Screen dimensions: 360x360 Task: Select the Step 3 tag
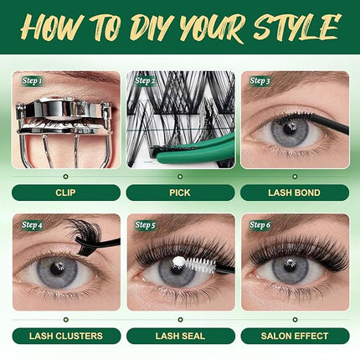[x=260, y=81]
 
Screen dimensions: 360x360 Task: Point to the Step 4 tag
[x=33, y=224]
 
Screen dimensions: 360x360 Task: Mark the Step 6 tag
[x=260, y=224]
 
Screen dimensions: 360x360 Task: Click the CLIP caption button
[x=65, y=192]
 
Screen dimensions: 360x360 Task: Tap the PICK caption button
[x=180, y=192]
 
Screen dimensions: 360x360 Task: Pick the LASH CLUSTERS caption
[x=65, y=336]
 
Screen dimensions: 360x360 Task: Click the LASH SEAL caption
[x=180, y=336]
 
